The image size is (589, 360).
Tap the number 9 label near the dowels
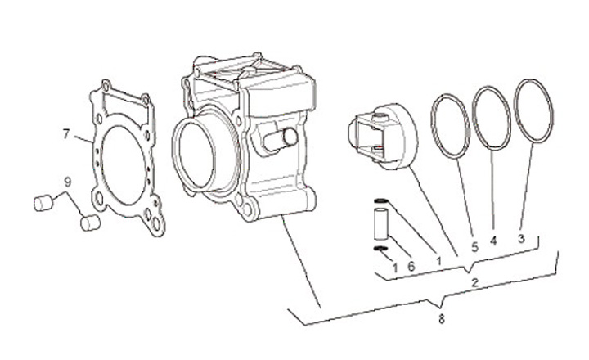pyautogui.click(x=68, y=182)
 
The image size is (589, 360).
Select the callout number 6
pyautogui.click(x=411, y=267)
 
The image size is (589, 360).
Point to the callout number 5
pyautogui.click(x=474, y=243)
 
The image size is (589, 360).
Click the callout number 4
pyautogui.click(x=493, y=242)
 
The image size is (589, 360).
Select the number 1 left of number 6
pyautogui.click(x=394, y=267)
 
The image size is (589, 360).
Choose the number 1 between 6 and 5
pyautogui.click(x=439, y=261)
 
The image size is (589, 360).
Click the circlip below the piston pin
pyautogui.click(x=380, y=250)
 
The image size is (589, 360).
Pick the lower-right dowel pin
pyautogui.click(x=88, y=222)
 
